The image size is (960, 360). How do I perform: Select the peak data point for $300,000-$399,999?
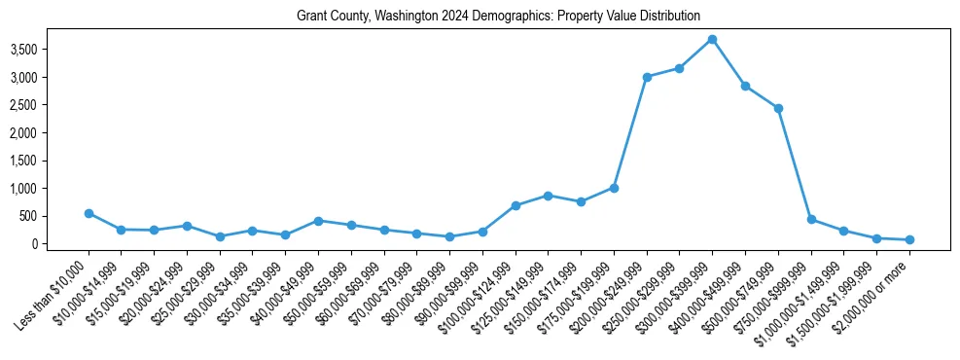point(712,39)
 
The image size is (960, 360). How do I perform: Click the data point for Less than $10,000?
point(89,213)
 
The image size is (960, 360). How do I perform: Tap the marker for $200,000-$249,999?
point(647,77)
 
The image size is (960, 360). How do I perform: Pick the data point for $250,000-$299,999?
point(679,68)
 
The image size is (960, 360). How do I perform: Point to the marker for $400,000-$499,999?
point(745,86)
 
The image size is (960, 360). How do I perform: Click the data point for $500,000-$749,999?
point(778,108)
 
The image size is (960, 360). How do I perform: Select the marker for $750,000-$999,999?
point(811,219)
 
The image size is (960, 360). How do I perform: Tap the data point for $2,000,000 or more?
point(909,239)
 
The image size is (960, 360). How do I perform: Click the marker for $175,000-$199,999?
point(614,188)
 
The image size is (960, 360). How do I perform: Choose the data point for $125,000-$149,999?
point(548,196)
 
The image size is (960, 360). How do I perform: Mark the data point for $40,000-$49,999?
point(318,221)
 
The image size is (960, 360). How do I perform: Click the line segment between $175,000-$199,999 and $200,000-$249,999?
point(630,132)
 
